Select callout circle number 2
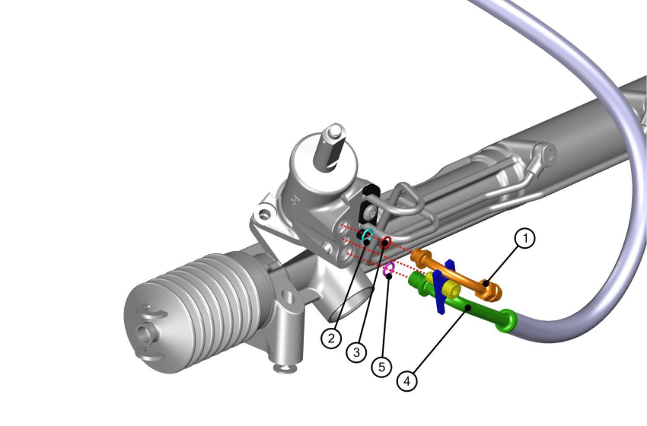pos(330,338)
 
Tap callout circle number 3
pos(355,352)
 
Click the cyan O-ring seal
pos(368,235)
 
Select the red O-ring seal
pos(386,242)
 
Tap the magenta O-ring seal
pos(388,268)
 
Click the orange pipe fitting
pos(457,275)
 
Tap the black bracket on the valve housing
pos(370,202)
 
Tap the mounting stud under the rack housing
pos(285,369)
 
